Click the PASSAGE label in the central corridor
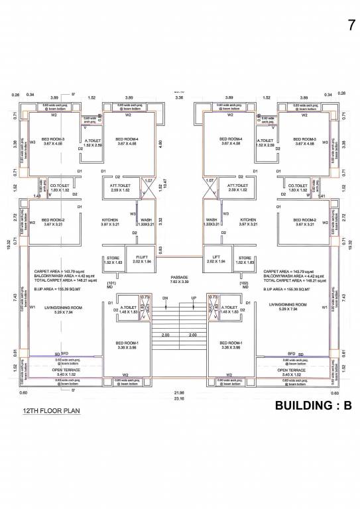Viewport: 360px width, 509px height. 180,277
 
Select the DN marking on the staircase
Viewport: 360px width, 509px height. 165,298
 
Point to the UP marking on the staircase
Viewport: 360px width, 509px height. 193,298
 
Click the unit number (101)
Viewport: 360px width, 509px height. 111,282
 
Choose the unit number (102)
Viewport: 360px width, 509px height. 244,282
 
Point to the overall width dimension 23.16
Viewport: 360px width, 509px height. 178,399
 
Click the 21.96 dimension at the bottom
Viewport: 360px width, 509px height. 178,393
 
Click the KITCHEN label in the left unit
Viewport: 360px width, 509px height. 109,219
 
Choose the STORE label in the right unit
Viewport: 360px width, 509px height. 245,258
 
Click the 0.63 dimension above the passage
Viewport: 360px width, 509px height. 160,249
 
